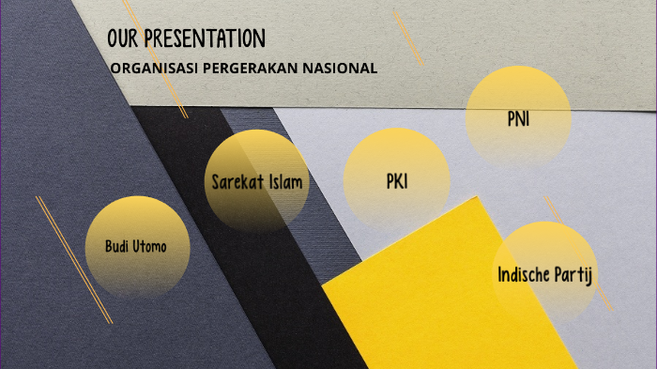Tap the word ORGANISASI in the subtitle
coord(149,69)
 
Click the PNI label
coord(518,119)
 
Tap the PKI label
coord(397,181)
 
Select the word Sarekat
coord(234,181)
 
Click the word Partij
coord(577,275)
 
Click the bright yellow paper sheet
coord(422,300)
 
